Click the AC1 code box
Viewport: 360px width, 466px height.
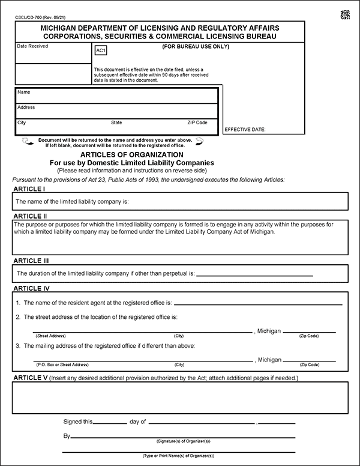100,51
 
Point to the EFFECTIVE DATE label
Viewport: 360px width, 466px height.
245,129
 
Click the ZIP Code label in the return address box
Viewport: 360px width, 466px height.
197,123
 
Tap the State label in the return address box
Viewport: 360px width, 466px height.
116,123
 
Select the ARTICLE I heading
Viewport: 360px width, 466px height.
29,189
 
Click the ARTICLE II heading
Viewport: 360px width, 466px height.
30,216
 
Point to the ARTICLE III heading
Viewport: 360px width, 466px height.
31,261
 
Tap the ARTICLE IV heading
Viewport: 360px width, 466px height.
31,288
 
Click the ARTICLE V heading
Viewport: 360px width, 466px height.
31,378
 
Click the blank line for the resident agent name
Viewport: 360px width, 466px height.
258,304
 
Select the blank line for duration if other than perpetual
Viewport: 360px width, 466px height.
255,275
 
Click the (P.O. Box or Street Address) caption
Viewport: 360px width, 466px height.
62,365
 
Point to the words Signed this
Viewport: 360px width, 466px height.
78,422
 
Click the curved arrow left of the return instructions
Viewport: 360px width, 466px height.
26,142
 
